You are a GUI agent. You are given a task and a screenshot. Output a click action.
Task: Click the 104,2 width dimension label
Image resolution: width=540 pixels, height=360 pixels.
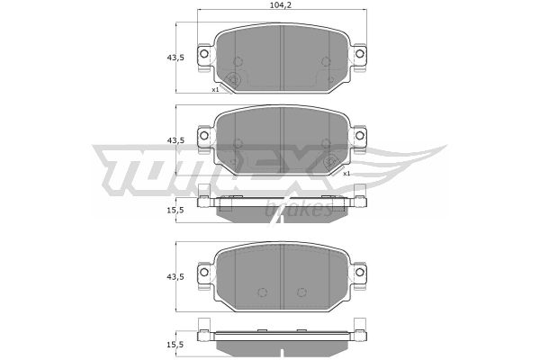[x=279, y=4]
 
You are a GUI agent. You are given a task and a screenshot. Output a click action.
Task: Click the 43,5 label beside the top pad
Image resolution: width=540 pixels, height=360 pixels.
[x=175, y=58]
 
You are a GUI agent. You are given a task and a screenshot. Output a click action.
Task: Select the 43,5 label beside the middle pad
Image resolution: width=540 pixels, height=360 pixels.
[x=175, y=140]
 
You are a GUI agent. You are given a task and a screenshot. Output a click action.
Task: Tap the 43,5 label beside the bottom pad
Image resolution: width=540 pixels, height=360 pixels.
[x=175, y=277]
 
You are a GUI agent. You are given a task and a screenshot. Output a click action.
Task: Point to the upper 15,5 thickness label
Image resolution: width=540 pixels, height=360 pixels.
[x=175, y=210]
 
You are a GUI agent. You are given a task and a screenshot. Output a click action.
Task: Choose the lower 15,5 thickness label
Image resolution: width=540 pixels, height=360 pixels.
[x=175, y=345]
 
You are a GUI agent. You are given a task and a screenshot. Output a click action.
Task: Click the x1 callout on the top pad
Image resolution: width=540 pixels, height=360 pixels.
[x=215, y=90]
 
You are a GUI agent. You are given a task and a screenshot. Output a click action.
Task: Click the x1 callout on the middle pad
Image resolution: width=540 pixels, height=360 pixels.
[x=346, y=174]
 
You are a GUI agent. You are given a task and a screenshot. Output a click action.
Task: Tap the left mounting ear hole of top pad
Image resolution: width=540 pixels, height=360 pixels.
[x=204, y=54]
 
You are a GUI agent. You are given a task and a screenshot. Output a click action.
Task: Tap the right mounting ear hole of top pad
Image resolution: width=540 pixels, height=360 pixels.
[x=359, y=54]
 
